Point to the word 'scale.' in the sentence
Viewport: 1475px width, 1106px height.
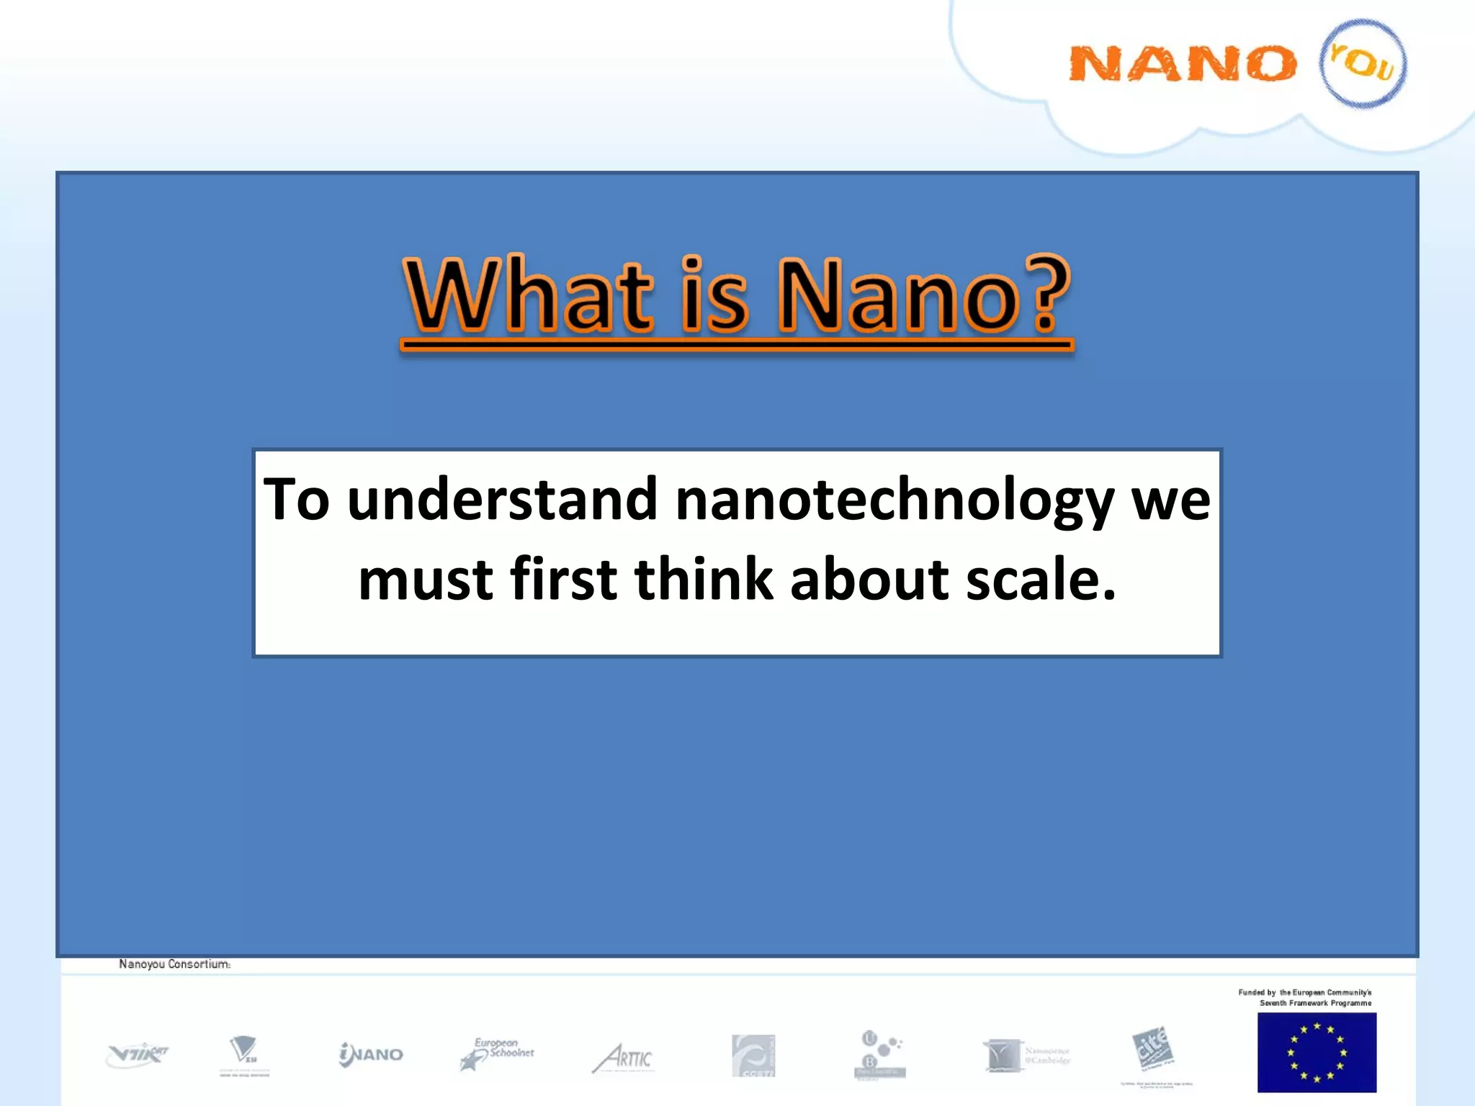tap(1041, 580)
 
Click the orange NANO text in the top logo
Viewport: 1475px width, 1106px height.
tap(1182, 64)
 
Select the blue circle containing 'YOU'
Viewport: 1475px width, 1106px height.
tap(1362, 63)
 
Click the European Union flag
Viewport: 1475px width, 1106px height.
tap(1317, 1052)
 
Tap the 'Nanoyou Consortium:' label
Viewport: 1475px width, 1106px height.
tap(175, 964)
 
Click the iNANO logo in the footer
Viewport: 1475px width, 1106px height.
tap(371, 1055)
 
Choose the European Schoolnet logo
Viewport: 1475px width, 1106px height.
tap(497, 1054)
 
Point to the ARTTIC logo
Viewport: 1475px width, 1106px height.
tap(624, 1058)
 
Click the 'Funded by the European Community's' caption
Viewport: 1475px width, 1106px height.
tap(1304, 992)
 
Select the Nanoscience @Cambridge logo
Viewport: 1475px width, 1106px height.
tap(1026, 1056)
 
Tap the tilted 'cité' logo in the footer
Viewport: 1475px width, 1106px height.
tap(1152, 1050)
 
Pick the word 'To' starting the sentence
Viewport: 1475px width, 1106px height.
tap(296, 499)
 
